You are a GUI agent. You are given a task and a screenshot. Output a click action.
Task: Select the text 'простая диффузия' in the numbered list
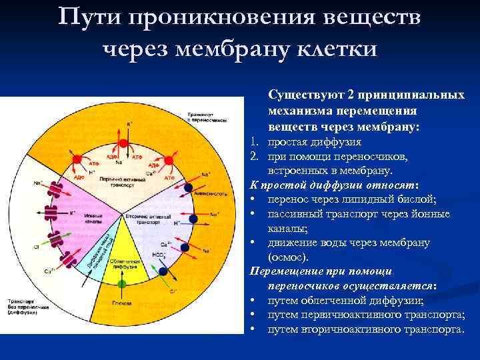pos(314,142)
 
